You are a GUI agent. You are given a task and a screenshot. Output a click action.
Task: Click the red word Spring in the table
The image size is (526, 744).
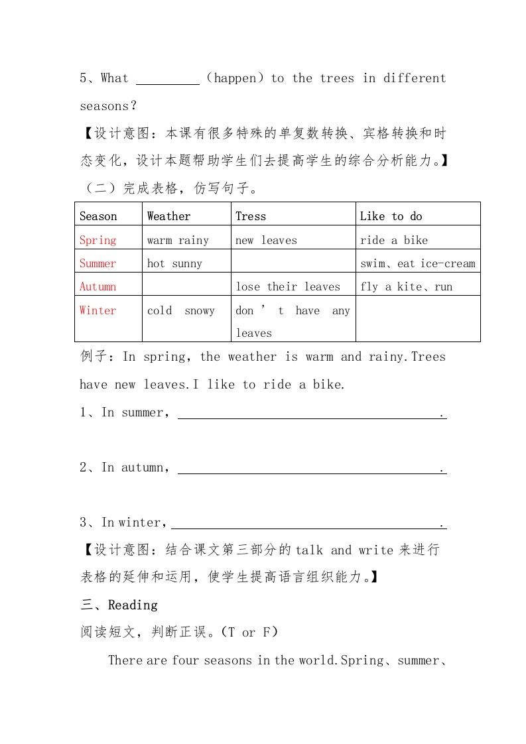(98, 240)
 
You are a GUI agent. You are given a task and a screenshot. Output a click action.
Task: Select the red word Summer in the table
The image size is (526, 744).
(98, 263)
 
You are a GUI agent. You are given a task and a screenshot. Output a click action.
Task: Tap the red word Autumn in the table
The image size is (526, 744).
(98, 286)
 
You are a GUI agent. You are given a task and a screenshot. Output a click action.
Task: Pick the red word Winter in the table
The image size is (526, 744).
(98, 310)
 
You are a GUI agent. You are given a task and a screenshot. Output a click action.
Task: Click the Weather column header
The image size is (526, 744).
(168, 216)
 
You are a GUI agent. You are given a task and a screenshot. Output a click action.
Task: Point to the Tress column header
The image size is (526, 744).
(251, 216)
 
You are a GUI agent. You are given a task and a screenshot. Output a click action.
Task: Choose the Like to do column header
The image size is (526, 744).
(391, 216)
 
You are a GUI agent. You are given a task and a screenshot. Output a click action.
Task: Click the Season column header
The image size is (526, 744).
(98, 216)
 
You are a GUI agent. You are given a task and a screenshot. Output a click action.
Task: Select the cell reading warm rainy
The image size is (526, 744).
(178, 240)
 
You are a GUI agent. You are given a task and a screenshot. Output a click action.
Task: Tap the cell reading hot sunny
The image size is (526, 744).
(174, 263)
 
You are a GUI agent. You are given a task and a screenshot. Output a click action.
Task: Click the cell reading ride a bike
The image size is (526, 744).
(394, 240)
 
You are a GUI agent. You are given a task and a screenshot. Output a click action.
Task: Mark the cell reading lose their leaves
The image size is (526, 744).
(288, 286)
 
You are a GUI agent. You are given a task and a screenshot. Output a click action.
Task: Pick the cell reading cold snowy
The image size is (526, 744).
(181, 310)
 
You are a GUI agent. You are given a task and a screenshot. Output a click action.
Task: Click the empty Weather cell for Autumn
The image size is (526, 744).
(186, 286)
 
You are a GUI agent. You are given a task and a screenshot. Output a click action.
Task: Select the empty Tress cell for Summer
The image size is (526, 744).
(293, 263)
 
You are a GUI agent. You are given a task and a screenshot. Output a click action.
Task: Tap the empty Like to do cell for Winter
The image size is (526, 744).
(418, 318)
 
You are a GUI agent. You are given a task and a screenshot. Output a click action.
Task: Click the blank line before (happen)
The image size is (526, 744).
(168, 79)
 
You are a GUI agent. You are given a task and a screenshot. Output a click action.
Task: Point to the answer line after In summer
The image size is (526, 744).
(312, 413)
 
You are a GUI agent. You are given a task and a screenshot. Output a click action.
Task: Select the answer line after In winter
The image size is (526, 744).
(308, 523)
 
